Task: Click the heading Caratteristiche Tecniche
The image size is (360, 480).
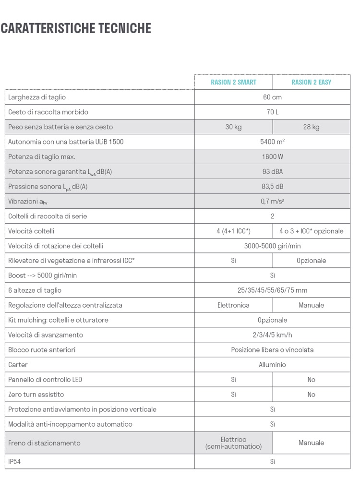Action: coord(76,28)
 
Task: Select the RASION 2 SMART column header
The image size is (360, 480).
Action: coord(233,82)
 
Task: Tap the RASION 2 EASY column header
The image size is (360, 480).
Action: coord(311,82)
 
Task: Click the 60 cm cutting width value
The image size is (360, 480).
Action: coord(272,97)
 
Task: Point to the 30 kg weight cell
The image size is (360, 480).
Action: coord(233,127)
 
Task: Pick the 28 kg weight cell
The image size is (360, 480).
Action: coord(311,127)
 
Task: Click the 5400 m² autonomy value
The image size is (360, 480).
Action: coord(272,142)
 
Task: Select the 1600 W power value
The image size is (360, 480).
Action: coord(272,157)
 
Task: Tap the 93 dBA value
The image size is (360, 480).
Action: coord(272,172)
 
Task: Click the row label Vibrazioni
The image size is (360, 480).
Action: coord(27,202)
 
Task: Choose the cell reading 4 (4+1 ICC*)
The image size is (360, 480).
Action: coord(233,231)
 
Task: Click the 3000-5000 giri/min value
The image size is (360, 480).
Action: coord(272,246)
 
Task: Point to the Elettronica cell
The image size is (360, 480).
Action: coord(233,305)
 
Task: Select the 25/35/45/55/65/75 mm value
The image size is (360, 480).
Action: coord(272,290)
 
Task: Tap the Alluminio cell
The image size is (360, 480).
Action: coord(272,365)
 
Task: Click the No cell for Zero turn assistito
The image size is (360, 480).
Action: coord(311,395)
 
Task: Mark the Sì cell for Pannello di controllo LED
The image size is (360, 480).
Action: coord(233,380)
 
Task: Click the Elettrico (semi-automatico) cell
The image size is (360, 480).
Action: coord(233,443)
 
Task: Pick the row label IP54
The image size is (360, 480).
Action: coord(15,462)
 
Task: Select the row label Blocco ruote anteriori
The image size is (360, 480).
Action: coord(42,350)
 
